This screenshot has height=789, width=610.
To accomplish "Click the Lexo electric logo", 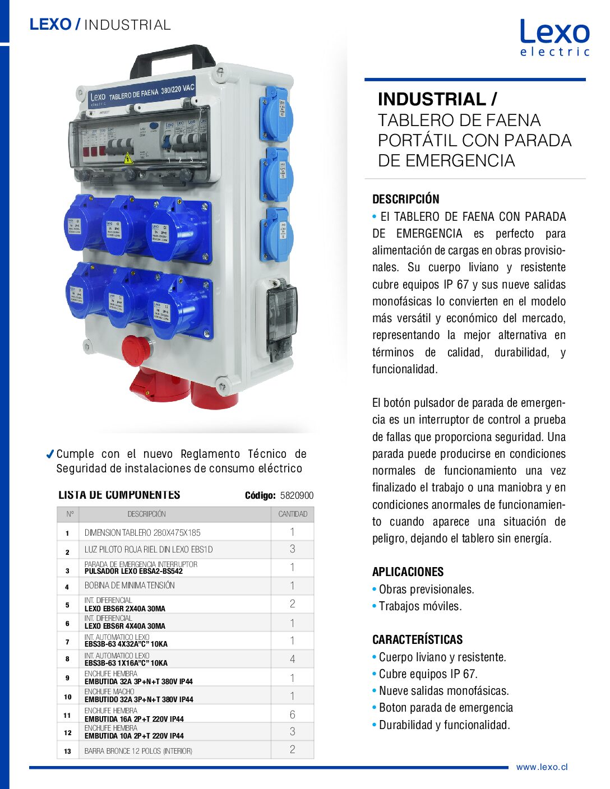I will [554, 37].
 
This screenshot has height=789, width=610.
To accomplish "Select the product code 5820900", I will [297, 495].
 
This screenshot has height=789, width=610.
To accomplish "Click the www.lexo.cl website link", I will [542, 767].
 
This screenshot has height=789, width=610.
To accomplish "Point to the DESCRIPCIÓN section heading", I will [405, 199].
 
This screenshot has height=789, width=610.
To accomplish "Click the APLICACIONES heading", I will [408, 572].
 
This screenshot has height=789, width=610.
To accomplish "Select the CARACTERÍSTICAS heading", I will [417, 639].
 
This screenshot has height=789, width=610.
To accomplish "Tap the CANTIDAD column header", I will [293, 514].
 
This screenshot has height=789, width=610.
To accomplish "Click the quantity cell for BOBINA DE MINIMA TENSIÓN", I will [292, 586].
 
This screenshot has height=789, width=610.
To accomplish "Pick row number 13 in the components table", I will [67, 751].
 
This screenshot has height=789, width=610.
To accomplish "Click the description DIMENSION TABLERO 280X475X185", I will [142, 532].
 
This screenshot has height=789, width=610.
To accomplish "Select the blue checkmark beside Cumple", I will [50, 454].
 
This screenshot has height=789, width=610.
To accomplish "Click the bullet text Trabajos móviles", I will [420, 606].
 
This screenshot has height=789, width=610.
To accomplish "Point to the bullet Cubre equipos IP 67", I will [428, 674].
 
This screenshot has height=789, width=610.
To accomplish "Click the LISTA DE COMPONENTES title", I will [119, 495].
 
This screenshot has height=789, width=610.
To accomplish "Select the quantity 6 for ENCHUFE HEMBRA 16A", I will [292, 714].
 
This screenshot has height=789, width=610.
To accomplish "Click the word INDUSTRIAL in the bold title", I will [432, 99].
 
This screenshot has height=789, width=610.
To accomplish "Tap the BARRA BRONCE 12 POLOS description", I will [138, 751].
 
